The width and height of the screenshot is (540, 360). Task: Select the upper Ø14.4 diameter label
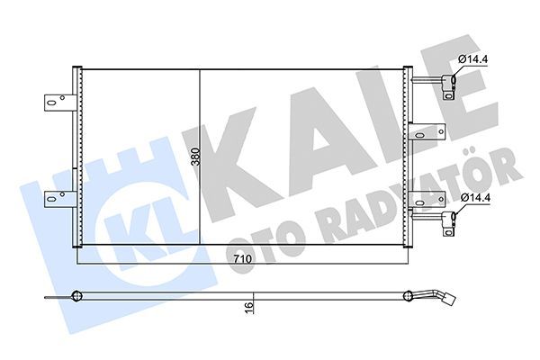click(x=473, y=60)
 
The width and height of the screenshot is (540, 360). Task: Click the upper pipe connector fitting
click(x=447, y=86)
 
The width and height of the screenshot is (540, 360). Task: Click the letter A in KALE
click(x=310, y=135)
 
